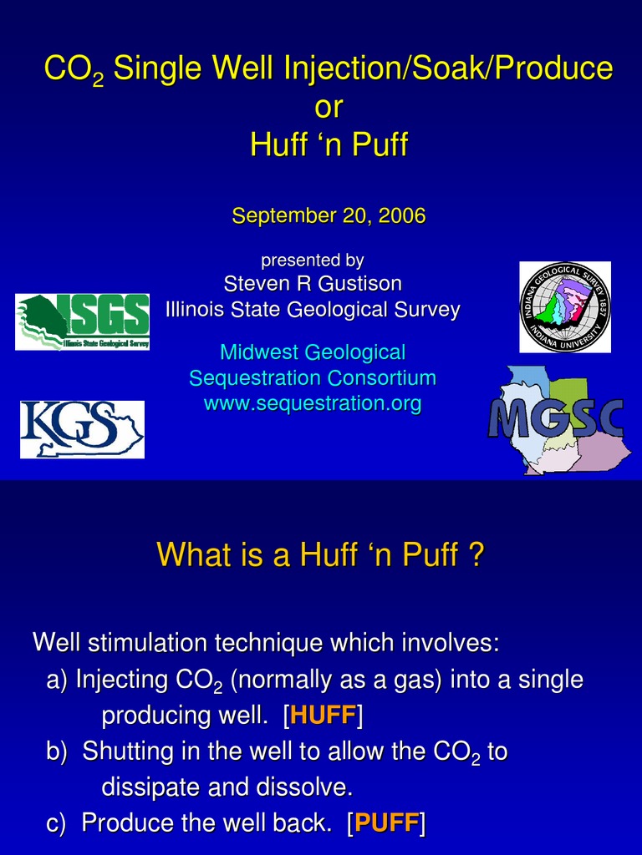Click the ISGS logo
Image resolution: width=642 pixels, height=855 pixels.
(83, 321)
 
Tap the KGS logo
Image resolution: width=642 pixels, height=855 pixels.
(82, 429)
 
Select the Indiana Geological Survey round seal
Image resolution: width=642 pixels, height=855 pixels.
(564, 307)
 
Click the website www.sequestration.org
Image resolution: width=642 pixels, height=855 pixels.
(313, 405)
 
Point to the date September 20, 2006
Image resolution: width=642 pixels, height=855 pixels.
(329, 216)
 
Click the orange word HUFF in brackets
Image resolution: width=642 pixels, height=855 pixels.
(323, 716)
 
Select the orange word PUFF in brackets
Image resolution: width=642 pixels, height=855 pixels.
(385, 823)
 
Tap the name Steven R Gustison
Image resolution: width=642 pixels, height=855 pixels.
(313, 284)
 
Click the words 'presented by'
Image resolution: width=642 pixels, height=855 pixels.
(313, 261)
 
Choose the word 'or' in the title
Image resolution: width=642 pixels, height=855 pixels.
(329, 107)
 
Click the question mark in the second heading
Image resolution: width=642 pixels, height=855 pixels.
(476, 554)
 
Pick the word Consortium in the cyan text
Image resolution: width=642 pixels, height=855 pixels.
(382, 378)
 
